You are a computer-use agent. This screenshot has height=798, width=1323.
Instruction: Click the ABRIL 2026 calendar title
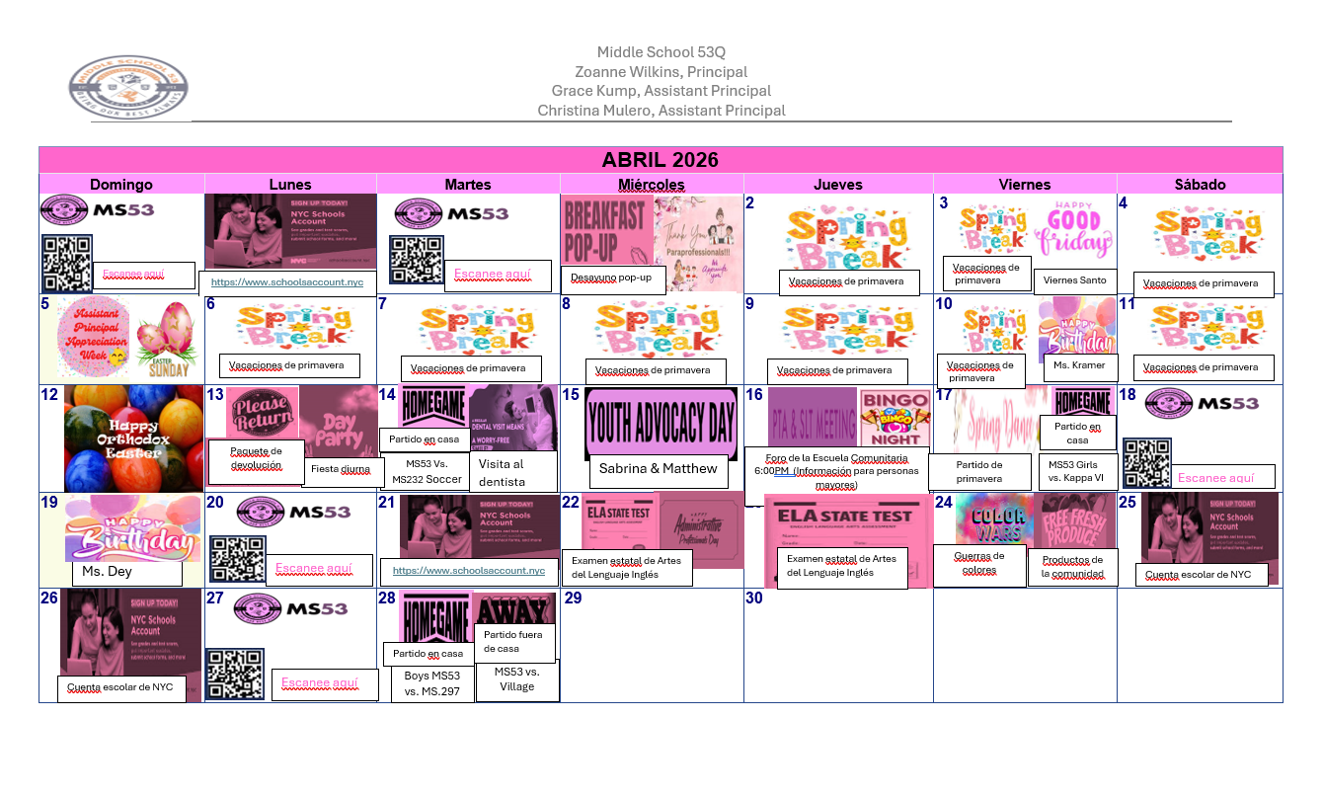pyautogui.click(x=660, y=160)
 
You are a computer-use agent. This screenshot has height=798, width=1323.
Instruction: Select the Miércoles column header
pyautogui.click(x=651, y=185)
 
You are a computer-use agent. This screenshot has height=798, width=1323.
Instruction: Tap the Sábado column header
pyautogui.click(x=1200, y=185)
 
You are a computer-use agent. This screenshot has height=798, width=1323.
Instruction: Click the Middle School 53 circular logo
pyautogui.click(x=128, y=87)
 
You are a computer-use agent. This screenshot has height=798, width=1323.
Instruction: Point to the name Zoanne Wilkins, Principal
pyautogui.click(x=661, y=72)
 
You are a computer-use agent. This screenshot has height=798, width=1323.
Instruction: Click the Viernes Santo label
pyautogui.click(x=1075, y=280)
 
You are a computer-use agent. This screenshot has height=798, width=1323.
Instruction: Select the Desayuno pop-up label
pyautogui.click(x=612, y=278)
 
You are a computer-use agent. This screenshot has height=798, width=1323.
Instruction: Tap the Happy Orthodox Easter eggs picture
pyautogui.click(x=133, y=438)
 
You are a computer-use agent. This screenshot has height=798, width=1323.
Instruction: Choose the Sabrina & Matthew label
pyautogui.click(x=658, y=469)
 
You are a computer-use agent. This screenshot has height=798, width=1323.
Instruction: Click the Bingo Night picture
pyautogui.click(x=895, y=419)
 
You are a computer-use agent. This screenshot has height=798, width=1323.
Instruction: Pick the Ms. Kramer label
pyautogui.click(x=1079, y=366)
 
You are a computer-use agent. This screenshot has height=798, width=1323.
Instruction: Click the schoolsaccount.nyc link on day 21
pyautogui.click(x=469, y=571)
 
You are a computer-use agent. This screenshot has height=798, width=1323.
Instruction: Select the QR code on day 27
pyautogui.click(x=234, y=675)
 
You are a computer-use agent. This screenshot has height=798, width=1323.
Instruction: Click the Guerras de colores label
pyautogui.click(x=979, y=563)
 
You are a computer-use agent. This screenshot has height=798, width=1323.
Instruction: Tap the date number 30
pyautogui.click(x=754, y=598)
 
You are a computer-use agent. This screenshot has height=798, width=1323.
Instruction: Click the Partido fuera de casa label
pyautogui.click(x=514, y=642)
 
